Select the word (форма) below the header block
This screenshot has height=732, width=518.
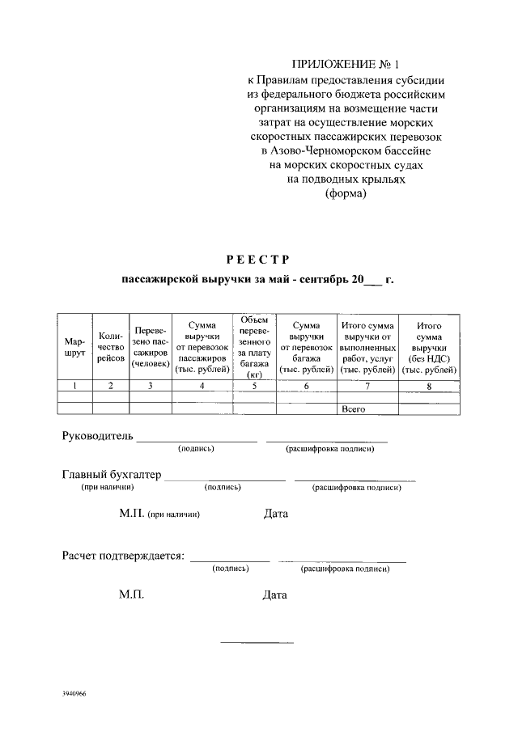(x=346, y=194)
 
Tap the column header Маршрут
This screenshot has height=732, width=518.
(x=74, y=347)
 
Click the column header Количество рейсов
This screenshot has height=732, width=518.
(x=110, y=347)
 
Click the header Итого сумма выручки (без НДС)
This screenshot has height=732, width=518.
(x=429, y=347)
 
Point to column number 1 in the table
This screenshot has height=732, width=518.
(x=74, y=386)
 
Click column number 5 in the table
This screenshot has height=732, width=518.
(x=254, y=386)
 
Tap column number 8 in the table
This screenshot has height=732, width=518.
(x=429, y=386)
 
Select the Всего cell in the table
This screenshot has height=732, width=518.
(x=354, y=409)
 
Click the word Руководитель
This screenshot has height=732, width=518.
(x=96, y=437)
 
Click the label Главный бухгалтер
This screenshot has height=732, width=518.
(x=112, y=474)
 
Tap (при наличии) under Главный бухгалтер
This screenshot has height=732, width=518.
(x=100, y=488)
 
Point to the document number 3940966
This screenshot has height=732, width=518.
(x=74, y=695)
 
